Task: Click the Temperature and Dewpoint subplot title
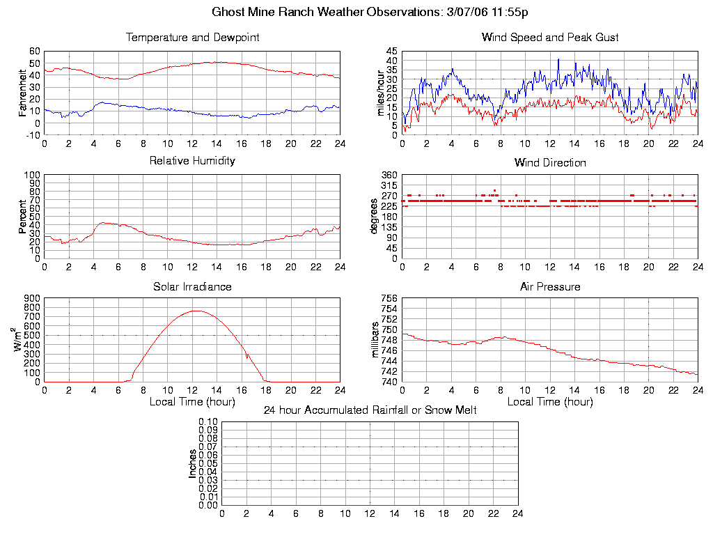[x=192, y=38]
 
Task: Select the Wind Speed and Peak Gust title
[x=550, y=38]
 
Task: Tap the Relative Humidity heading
[x=192, y=161]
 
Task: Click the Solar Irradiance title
[x=192, y=287]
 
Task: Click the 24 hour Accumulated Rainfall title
[x=370, y=410]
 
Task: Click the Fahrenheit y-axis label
[x=23, y=93]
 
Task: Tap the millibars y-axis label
[x=376, y=340]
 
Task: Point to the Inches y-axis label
[x=193, y=463]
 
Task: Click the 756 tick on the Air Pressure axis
[x=389, y=299]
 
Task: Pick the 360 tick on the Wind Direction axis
[x=389, y=175]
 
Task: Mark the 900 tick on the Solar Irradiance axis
[x=32, y=299]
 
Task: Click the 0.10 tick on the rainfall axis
[x=208, y=422]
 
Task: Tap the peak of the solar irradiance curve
[x=196, y=311]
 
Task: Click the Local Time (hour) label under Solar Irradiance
[x=192, y=402]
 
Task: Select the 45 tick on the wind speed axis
[x=391, y=52]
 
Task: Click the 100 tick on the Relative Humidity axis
[x=32, y=175]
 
